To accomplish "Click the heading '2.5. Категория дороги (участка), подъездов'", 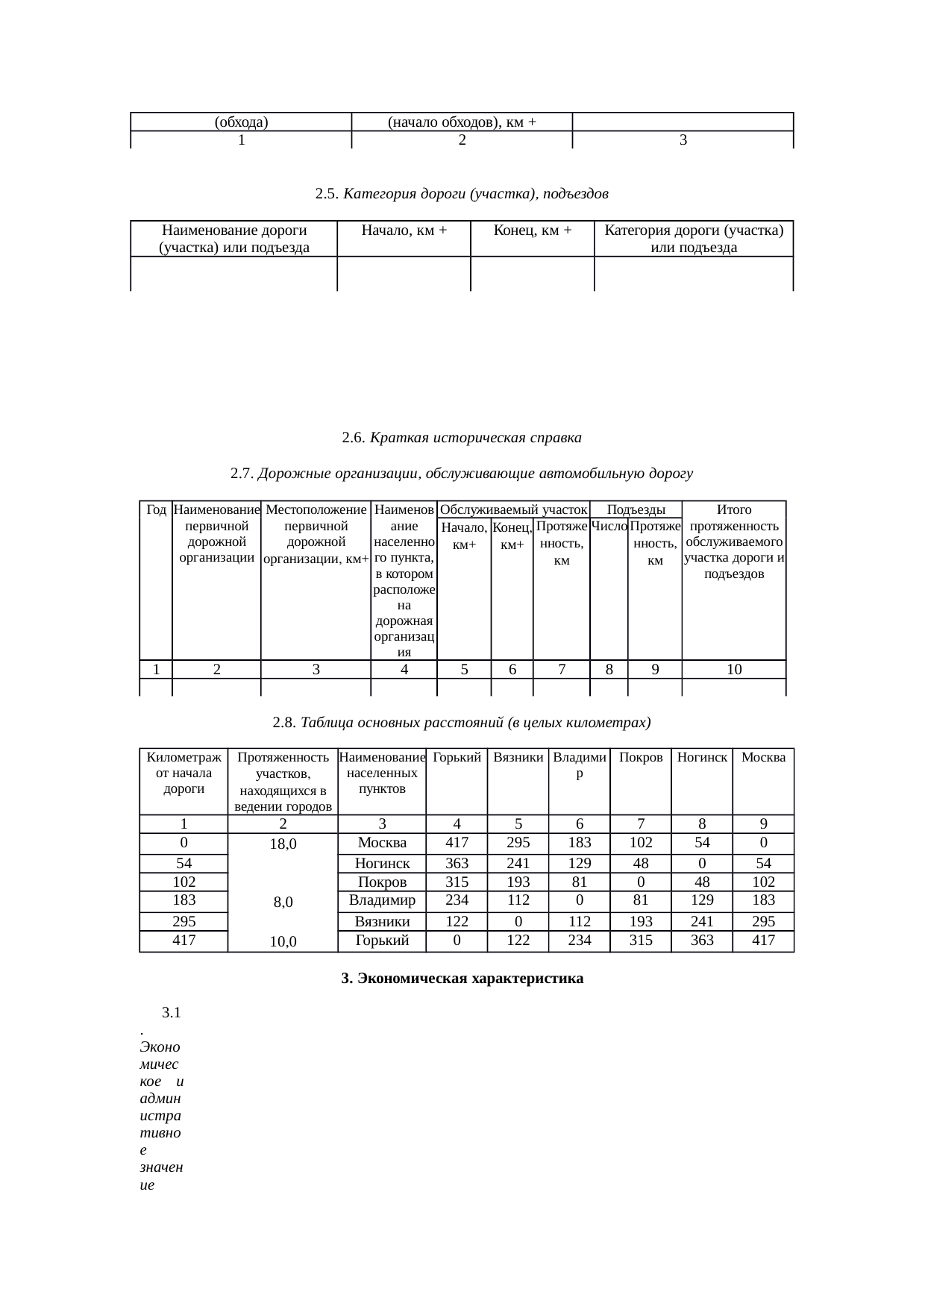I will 462,194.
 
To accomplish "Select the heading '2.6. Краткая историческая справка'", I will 462,438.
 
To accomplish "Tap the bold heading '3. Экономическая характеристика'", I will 462,979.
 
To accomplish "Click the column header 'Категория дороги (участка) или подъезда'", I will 694,239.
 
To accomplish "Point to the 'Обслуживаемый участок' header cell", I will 513,510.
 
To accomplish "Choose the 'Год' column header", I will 157,510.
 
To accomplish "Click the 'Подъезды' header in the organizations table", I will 636,510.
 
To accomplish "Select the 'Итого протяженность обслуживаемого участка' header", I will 734,542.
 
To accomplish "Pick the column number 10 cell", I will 734,670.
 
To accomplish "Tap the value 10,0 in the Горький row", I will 283,942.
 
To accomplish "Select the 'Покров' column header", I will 641,758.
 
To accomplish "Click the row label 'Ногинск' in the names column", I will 382,864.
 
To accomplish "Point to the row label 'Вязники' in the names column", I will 382,922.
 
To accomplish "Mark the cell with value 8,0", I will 283,902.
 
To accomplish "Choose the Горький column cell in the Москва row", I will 457,844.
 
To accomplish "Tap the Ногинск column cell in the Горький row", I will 702,941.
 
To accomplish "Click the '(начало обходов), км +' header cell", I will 462,122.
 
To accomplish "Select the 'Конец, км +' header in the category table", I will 533,230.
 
